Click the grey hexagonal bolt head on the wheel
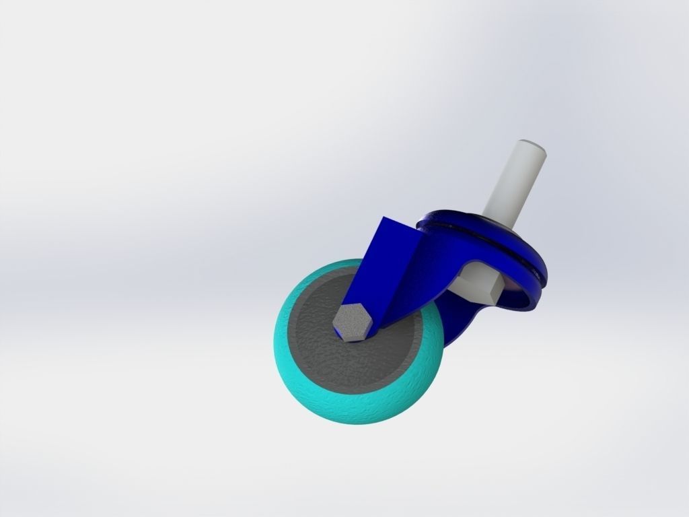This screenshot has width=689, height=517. (351, 321)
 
